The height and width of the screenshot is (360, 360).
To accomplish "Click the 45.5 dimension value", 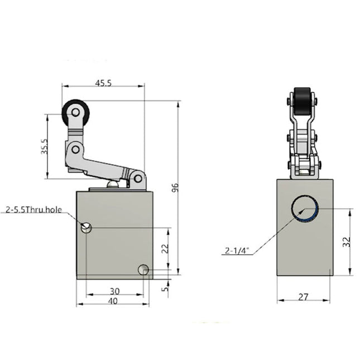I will coord(103,83).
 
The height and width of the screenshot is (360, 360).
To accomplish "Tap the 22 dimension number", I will coord(164,249).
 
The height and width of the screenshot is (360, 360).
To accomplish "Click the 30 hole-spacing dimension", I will coord(114,291).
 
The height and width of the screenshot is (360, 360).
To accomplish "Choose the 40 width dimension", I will coord(113,301).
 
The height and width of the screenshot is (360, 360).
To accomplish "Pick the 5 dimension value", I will coord(165,289).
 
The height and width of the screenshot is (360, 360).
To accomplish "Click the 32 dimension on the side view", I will coord(347,242).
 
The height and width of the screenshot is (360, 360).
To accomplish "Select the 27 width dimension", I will coord(304,297).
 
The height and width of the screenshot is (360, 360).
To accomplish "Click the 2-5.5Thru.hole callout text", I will coord(34,210).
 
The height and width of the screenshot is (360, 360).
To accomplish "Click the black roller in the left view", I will coord(75,114).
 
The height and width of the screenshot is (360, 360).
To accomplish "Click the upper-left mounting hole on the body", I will coord(86,227).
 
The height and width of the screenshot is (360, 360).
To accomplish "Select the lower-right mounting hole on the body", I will coord(143,270).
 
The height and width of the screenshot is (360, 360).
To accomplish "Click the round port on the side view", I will coord(305,209).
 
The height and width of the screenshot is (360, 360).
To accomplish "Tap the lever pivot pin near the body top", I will coord(137,179).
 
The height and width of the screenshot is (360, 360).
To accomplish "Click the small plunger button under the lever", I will coord(113,184).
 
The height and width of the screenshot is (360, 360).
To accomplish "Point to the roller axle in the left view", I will coord(75,113).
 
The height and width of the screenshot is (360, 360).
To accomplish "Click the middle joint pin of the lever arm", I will coord(75,149).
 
